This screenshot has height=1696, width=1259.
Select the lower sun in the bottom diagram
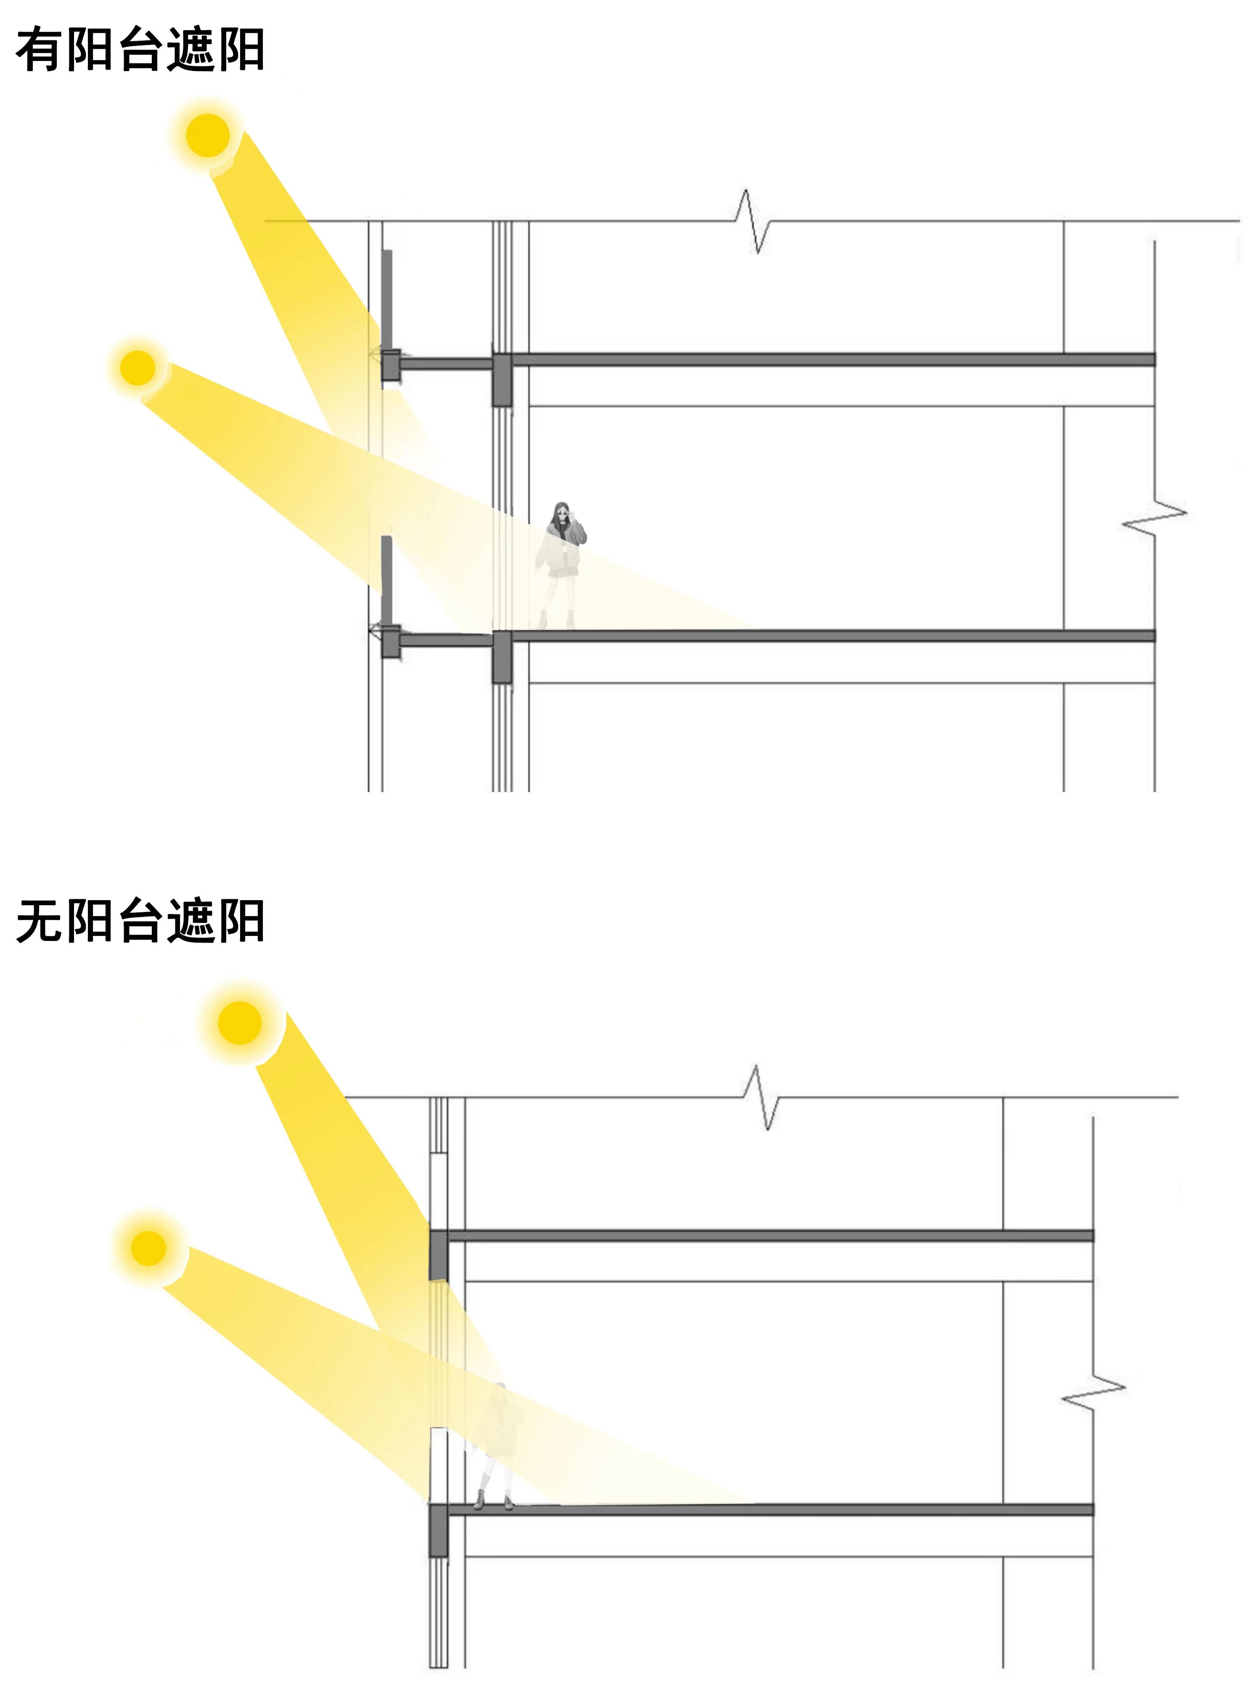148,1248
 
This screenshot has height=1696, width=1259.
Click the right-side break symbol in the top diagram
1155,518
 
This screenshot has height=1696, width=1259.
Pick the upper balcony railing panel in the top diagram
387,297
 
